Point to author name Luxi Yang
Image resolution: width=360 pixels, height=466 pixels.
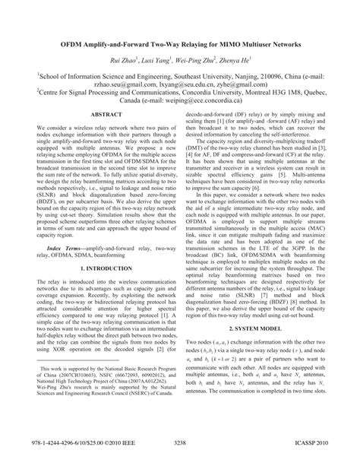[x=161, y=61]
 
